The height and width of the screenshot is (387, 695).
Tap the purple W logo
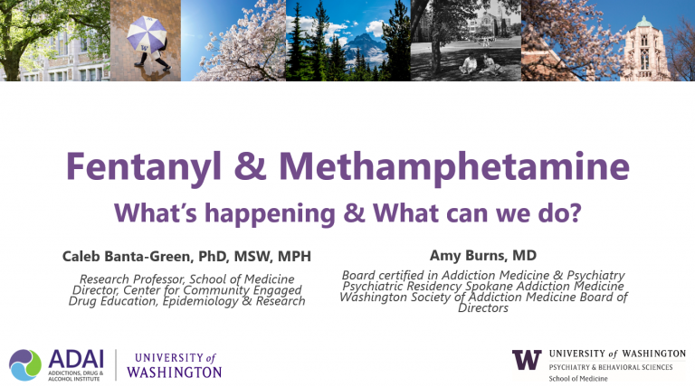[x=527, y=359]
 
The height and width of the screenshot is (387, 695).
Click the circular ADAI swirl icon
[x=25, y=363]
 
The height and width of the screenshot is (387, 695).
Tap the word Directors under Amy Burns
[x=483, y=308]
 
